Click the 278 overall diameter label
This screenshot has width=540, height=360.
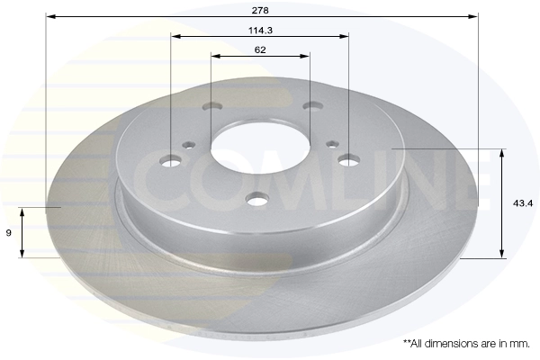pos(260,11)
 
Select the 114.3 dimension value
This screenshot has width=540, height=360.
pos(260,31)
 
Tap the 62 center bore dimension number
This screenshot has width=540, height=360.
pos(260,50)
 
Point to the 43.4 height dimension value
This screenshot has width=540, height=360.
pos(523,203)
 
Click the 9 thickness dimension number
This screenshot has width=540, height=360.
pos(9,233)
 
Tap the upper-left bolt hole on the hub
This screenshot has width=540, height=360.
pos(212,106)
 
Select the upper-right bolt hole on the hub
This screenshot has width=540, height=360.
pos(312,105)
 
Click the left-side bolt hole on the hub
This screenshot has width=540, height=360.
pos(171,160)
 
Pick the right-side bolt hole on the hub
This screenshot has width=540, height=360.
pos(349,160)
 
